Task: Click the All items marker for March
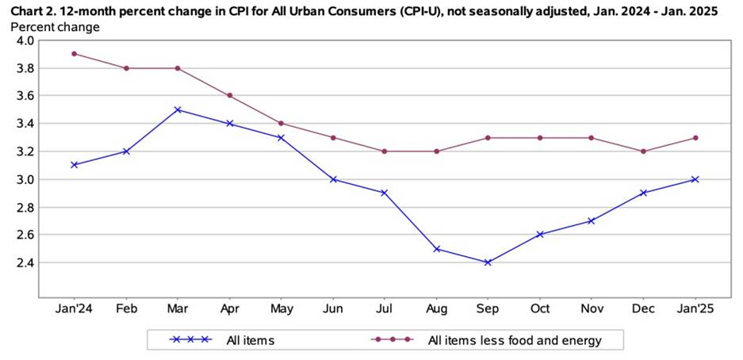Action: pyautogui.click(x=178, y=109)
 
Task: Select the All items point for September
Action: pyautogui.click(x=488, y=262)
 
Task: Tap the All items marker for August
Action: pyautogui.click(x=436, y=248)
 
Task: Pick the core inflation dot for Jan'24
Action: pyautogui.click(x=74, y=54)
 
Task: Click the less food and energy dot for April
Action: pyautogui.click(x=229, y=95)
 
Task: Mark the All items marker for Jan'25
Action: pyautogui.click(x=695, y=179)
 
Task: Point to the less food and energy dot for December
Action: pyautogui.click(x=643, y=151)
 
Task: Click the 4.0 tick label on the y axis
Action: pyautogui.click(x=23, y=40)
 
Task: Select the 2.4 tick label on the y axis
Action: pyautogui.click(x=23, y=262)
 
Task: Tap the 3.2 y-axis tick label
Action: pyautogui.click(x=23, y=151)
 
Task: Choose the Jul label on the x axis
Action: pyautogui.click(x=384, y=309)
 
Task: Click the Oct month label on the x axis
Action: pyautogui.click(x=539, y=309)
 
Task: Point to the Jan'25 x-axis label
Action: pyautogui.click(x=695, y=309)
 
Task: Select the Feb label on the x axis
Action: pyautogui.click(x=125, y=309)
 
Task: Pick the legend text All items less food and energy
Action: pyautogui.click(x=514, y=340)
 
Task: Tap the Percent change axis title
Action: pyautogui.click(x=56, y=26)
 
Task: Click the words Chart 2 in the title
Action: pyautogui.click(x=33, y=10)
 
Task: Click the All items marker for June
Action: pyautogui.click(x=333, y=179)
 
